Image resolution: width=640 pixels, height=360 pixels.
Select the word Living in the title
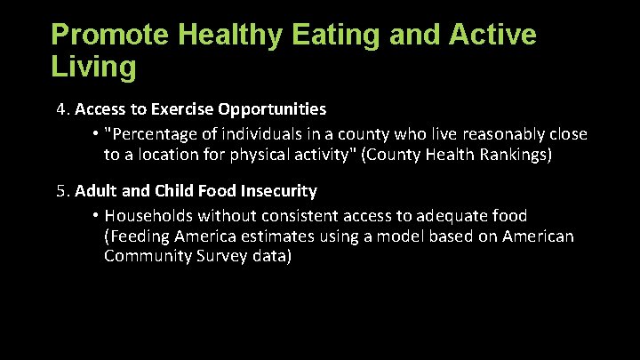(94, 67)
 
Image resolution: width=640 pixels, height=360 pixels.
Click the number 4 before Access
(60, 110)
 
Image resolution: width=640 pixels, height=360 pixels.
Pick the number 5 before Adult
(60, 191)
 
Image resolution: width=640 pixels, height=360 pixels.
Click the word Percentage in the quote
(151, 134)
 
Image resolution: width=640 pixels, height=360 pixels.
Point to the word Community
(142, 257)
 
